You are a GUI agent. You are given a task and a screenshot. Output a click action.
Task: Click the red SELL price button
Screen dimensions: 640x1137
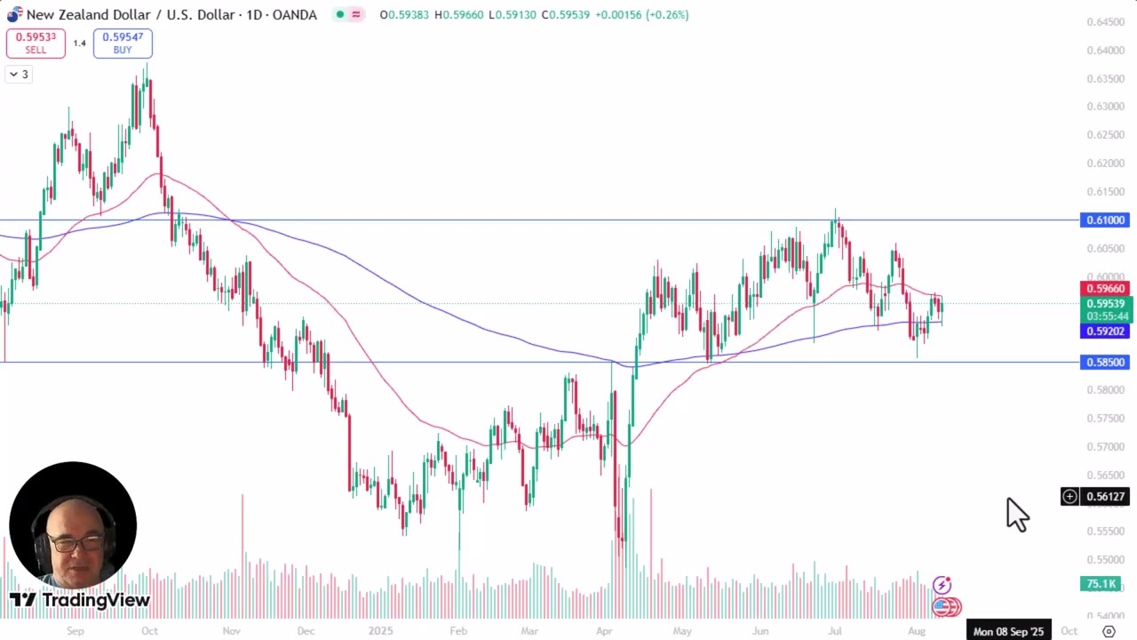(x=36, y=43)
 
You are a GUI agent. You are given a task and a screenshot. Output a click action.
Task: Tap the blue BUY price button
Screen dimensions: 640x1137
(x=123, y=43)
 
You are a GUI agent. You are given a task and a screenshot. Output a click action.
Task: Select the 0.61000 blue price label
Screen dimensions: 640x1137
(x=1104, y=220)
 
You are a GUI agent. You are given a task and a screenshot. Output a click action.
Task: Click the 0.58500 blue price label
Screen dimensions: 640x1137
(x=1104, y=363)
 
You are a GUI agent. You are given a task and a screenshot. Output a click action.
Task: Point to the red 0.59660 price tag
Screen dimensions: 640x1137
(x=1104, y=289)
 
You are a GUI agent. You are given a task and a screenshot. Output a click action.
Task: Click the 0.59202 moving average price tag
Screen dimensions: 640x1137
(x=1104, y=332)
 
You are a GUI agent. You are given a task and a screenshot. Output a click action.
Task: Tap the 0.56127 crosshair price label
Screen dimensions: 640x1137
(x=1105, y=497)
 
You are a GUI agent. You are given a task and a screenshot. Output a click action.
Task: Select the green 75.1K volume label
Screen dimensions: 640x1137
(x=1101, y=584)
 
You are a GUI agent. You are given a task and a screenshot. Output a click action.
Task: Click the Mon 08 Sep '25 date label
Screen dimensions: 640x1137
(x=1008, y=631)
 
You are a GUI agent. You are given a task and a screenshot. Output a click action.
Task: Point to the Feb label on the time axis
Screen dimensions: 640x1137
(x=457, y=631)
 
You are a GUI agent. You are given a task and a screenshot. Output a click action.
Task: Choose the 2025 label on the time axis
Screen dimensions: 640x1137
(x=380, y=631)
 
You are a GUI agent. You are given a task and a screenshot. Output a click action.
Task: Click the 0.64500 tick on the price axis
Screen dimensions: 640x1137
(x=1104, y=22)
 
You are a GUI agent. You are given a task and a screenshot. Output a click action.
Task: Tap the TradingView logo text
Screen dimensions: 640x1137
(x=95, y=601)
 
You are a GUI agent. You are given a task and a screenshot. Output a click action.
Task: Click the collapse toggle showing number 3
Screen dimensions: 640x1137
(x=19, y=75)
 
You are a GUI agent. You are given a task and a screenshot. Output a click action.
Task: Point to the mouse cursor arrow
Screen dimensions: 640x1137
(x=1016, y=513)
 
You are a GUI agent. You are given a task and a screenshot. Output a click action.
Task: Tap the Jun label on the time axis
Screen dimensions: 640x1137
(x=760, y=631)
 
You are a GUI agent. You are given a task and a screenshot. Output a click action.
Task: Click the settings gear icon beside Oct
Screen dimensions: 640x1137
(x=1109, y=631)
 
